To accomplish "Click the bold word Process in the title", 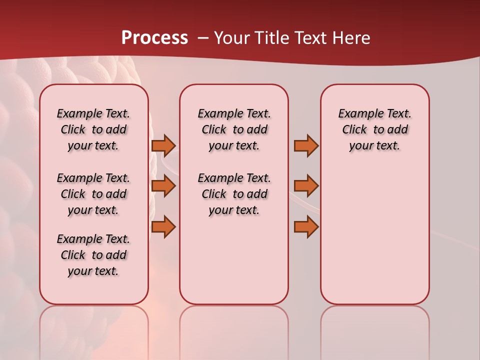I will [x=154, y=37].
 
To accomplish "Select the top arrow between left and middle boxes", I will [x=163, y=145].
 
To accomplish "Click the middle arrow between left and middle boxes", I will [x=163, y=186].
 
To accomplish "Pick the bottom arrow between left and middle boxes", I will [x=163, y=227].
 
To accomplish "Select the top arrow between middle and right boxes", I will [x=306, y=145].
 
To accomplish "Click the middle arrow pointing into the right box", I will [x=306, y=186].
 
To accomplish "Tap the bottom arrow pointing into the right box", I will [x=306, y=227].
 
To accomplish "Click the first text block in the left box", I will [x=93, y=129].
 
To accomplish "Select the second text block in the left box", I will [x=93, y=194].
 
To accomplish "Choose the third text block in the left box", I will [x=93, y=255].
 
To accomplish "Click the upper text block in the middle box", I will [x=234, y=129].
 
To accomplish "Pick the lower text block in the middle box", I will [x=234, y=194].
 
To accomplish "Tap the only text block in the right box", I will [x=375, y=129].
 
